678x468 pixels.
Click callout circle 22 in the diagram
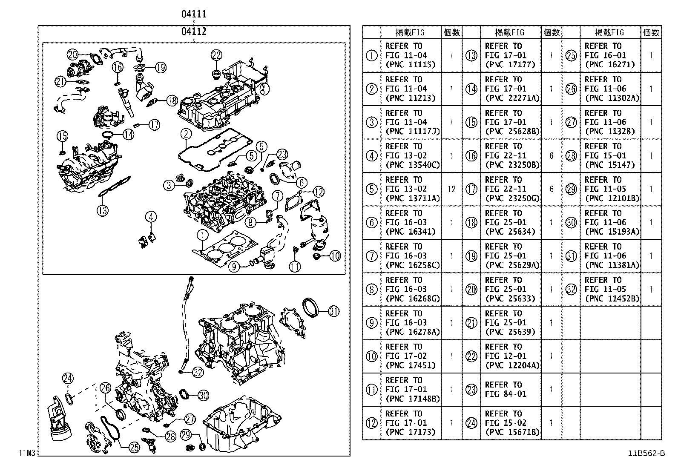pos(216,55)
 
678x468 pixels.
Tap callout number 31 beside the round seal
pos(333,311)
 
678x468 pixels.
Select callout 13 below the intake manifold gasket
pos(102,210)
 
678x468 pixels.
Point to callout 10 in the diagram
pos(335,256)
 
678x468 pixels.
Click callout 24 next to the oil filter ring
pos(68,378)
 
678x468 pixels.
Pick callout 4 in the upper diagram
pos(150,217)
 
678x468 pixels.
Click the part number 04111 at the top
pos(194,14)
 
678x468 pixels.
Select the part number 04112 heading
pos(194,31)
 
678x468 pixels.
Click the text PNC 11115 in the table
pos(410,65)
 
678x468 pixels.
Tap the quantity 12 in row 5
pos(451,189)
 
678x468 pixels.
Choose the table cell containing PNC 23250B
pos(512,165)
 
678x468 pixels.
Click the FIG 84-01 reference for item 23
pos(506,394)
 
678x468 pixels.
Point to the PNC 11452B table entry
pos(612,299)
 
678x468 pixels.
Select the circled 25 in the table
pos(571,55)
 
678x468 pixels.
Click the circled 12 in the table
pos(372,423)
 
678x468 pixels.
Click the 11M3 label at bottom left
pos(26,453)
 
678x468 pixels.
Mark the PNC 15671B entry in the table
pos(512,432)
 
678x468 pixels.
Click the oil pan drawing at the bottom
pos(241,422)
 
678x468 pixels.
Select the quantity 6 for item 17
pos(551,189)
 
